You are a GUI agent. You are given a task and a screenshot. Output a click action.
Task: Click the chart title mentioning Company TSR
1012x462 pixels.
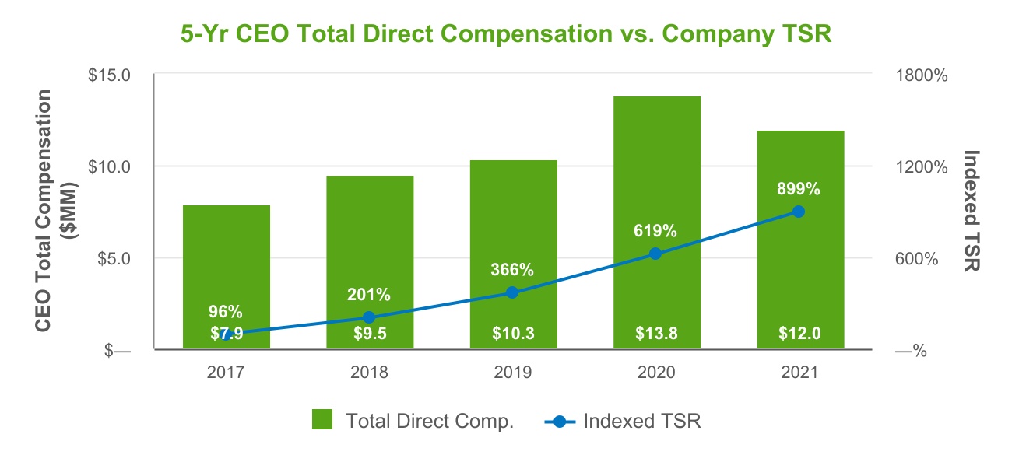point(506,34)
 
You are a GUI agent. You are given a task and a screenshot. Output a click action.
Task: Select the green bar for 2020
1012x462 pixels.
point(656,194)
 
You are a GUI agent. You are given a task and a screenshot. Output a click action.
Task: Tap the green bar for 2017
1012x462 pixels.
point(227,264)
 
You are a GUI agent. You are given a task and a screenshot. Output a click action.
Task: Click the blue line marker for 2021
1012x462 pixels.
point(798,212)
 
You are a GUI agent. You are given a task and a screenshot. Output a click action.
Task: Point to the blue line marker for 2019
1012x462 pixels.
point(512,292)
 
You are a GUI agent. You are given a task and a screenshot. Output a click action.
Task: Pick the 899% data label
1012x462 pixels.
point(798,188)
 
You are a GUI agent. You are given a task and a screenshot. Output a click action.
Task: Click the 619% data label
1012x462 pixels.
point(655,231)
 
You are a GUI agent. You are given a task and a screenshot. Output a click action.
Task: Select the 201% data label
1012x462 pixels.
point(369,295)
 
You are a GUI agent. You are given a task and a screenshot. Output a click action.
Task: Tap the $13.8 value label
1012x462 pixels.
point(656,334)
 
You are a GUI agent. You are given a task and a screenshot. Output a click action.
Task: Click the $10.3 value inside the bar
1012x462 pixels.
point(513,334)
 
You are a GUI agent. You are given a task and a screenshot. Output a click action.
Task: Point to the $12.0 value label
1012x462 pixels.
point(799,334)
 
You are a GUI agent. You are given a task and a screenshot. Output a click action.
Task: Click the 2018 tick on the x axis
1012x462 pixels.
point(370,373)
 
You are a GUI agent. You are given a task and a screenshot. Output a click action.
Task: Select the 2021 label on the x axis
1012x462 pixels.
point(799,373)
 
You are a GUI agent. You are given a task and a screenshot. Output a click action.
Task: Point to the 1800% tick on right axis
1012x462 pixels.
point(921,75)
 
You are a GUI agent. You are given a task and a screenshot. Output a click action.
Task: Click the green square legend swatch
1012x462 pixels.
point(322,421)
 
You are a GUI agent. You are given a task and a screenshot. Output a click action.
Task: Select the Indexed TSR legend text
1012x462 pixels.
point(642,422)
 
